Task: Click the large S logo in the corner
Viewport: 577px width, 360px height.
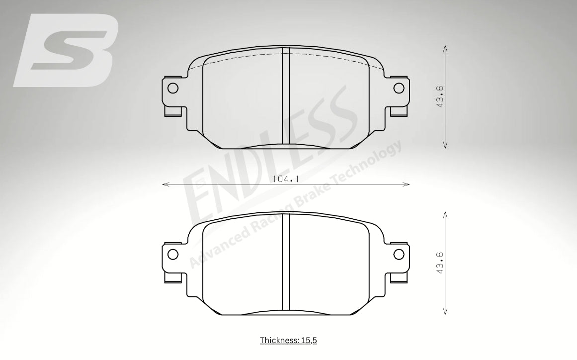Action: coord(66,50)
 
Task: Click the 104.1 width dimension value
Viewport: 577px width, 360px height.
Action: coord(285,180)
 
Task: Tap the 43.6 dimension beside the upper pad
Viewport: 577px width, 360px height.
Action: coord(440,96)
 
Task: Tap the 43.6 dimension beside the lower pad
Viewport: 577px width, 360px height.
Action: coord(440,263)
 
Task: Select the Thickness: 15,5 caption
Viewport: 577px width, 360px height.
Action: coord(288,340)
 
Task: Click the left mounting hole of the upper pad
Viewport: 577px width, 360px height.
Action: coord(172,88)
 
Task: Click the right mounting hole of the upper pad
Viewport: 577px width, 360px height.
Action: coord(399,88)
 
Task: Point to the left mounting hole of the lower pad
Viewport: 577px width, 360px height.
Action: coord(172,254)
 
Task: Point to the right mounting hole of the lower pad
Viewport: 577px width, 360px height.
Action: coord(399,254)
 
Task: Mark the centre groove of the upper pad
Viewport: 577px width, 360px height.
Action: coord(286,95)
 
